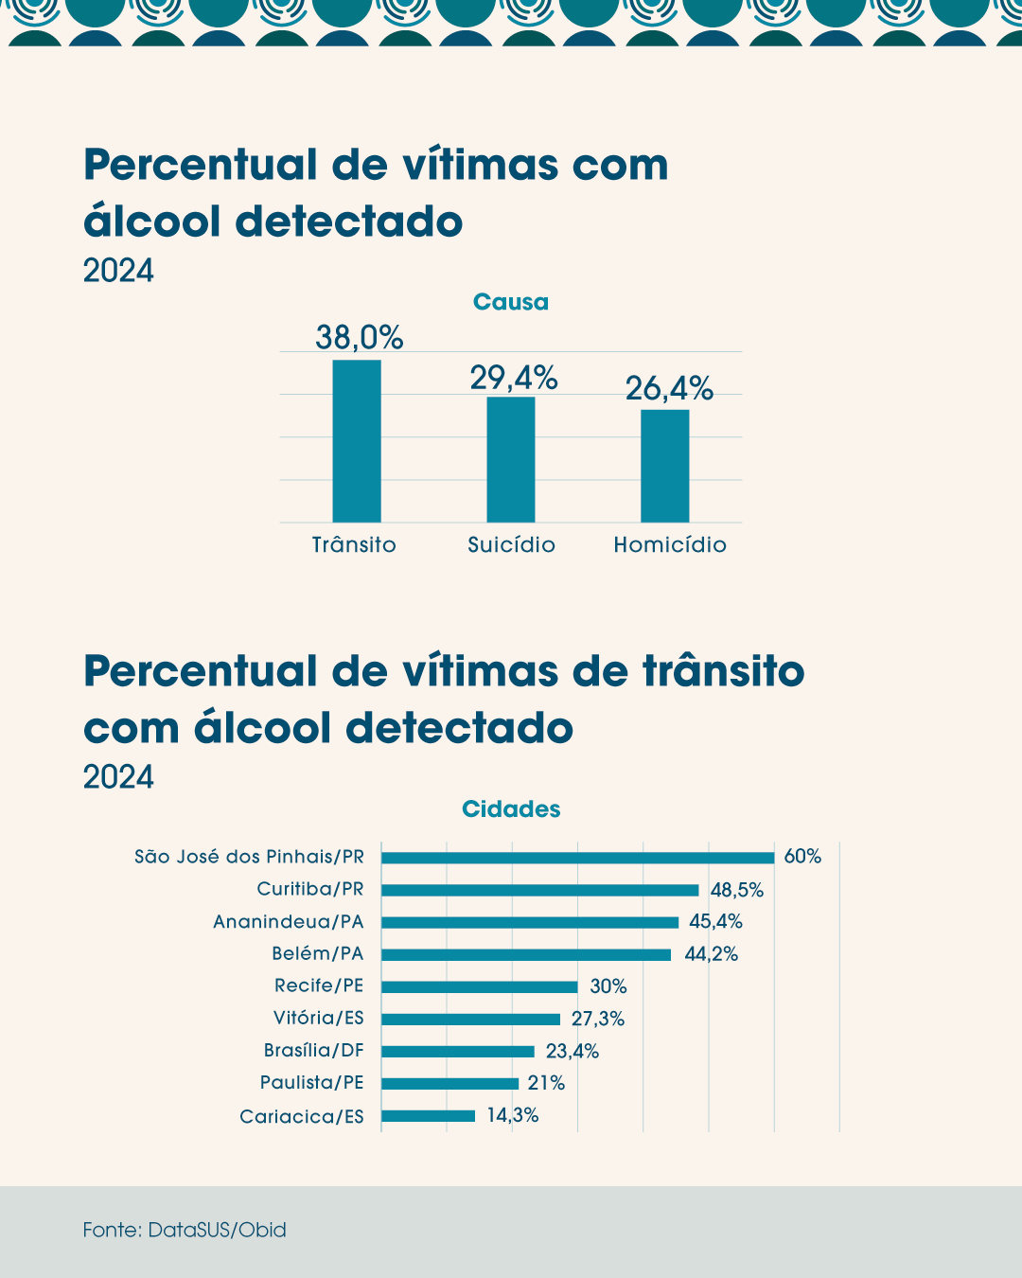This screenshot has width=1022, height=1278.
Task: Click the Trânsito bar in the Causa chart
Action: click(357, 441)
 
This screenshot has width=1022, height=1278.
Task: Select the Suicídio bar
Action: click(511, 459)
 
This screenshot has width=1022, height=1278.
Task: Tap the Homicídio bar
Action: click(665, 466)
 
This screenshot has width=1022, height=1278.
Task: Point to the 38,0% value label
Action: click(359, 337)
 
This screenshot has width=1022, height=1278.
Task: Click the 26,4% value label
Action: click(669, 388)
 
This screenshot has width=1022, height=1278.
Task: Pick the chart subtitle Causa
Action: click(510, 302)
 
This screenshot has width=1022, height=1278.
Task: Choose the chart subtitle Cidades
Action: click(511, 809)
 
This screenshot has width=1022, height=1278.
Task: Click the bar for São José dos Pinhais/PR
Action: click(577, 858)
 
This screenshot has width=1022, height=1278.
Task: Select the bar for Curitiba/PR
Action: click(539, 890)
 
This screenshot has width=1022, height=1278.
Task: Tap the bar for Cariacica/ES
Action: click(428, 1116)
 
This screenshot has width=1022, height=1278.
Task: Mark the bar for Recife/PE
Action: click(479, 986)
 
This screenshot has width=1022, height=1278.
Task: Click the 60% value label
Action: click(802, 857)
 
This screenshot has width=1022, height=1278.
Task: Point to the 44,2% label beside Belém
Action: click(711, 954)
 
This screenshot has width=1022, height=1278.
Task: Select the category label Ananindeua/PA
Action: click(288, 922)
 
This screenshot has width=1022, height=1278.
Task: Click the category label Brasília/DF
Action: click(313, 1051)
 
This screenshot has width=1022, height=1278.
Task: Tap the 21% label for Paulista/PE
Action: click(546, 1083)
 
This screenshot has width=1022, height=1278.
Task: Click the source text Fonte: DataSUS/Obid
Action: click(185, 1230)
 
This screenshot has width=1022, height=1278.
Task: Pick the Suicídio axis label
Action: click(511, 545)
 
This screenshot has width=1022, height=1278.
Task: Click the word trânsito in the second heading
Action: click(724, 671)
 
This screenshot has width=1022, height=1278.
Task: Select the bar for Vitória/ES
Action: click(470, 1020)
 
